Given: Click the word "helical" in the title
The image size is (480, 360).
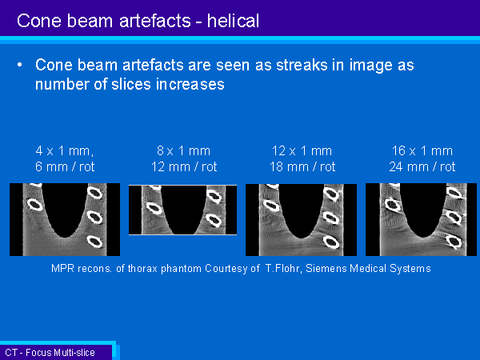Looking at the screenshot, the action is point(233,21).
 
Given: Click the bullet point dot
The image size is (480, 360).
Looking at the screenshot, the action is point(20,65).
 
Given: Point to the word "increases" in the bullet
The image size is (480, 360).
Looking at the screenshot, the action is point(190,84).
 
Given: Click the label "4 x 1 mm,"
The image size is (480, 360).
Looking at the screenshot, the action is point(65,150).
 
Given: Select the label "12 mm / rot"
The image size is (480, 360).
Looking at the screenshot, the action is point(184,167).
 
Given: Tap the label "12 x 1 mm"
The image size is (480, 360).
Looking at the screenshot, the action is point(302,150).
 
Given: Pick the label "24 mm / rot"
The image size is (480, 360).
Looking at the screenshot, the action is point(422,167).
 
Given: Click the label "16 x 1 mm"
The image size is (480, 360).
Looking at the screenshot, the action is point(422,150).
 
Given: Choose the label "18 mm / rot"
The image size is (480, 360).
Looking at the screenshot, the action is point(302,167).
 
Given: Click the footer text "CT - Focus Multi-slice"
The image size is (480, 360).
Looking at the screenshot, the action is point(50,353).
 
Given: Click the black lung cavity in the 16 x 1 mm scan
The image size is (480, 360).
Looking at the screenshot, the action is point(423,208).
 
